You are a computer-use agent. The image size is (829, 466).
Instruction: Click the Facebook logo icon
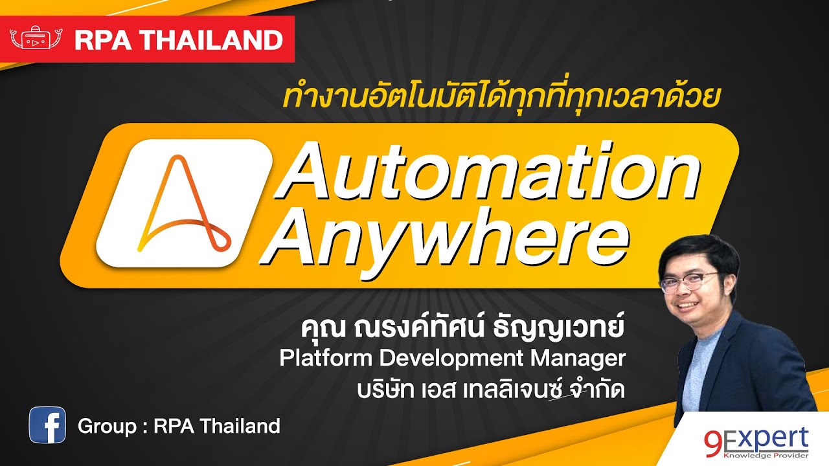(x=47, y=425)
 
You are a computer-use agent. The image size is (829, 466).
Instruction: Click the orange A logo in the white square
(x=183, y=204)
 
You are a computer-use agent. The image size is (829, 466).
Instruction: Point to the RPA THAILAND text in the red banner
(x=178, y=40)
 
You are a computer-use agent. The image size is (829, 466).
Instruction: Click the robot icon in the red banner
(x=36, y=39)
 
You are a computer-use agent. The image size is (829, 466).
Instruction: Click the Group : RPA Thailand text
(x=179, y=426)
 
